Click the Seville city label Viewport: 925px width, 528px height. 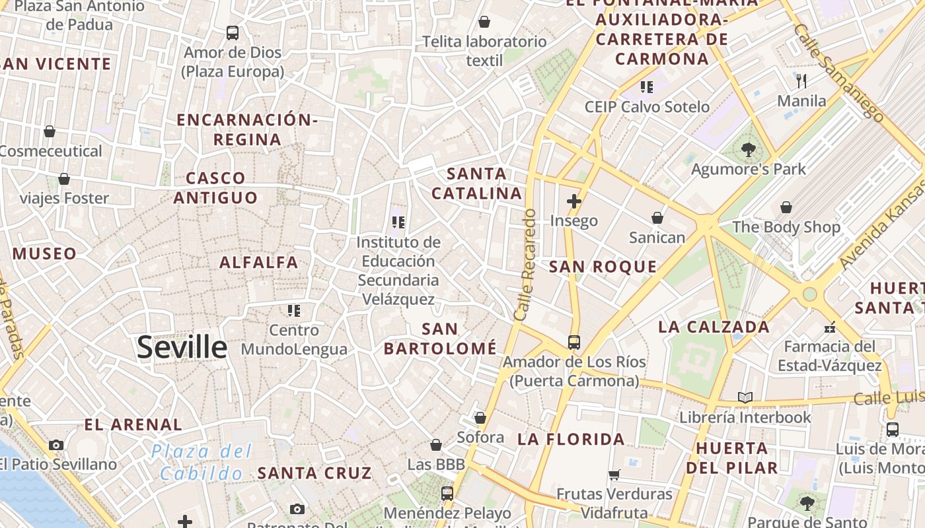182,348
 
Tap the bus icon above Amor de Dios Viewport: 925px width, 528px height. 232,32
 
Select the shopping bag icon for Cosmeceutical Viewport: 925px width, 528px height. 50,131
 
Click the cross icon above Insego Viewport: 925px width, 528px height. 573,201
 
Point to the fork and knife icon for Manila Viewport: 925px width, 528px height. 801,81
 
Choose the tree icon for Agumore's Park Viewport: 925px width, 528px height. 748,150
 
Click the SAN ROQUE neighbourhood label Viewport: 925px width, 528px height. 603,267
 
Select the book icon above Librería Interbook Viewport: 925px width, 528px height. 745,397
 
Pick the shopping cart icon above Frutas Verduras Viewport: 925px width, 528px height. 614,474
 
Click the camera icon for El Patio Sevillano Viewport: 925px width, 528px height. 56,445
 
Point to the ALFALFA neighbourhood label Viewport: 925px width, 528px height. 259,263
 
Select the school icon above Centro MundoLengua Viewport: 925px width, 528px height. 294,310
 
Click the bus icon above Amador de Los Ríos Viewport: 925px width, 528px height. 573,342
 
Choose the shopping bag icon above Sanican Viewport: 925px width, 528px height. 657,217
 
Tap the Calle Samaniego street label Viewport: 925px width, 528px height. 838,73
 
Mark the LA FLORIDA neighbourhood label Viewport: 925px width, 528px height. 571,440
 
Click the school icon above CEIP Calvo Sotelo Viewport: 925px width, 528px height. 646,86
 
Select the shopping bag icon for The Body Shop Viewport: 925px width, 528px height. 786,207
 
